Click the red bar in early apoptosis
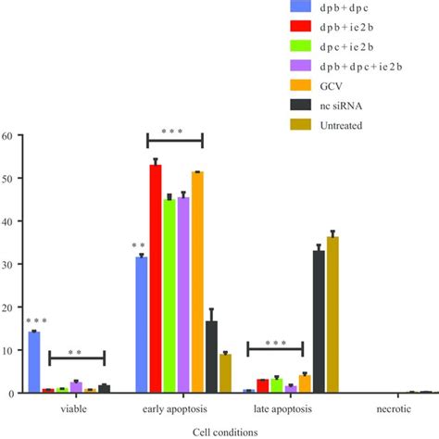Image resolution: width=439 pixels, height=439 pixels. click(x=156, y=278)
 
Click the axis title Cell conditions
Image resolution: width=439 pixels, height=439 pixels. click(x=219, y=431)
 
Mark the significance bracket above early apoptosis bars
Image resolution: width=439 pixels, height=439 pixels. click(x=174, y=141)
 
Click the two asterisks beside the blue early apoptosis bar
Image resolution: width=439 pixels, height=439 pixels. click(x=138, y=246)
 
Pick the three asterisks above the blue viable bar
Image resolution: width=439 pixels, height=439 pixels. click(x=35, y=321)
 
